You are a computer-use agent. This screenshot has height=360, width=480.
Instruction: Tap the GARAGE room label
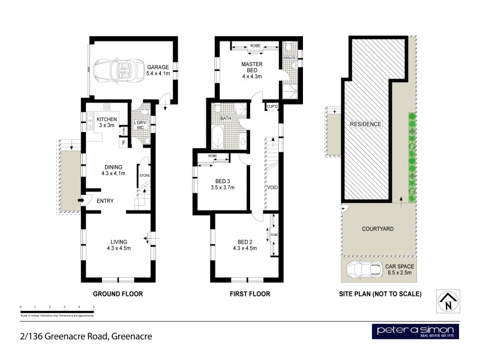click(x=158, y=67)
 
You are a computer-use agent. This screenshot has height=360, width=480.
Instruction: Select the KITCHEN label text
click(x=106, y=119)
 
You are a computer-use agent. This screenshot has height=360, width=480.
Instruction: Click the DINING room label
click(x=113, y=167)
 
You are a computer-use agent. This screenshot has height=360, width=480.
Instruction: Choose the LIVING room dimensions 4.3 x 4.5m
click(x=119, y=247)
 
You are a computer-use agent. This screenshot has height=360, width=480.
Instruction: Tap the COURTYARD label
click(x=377, y=229)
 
